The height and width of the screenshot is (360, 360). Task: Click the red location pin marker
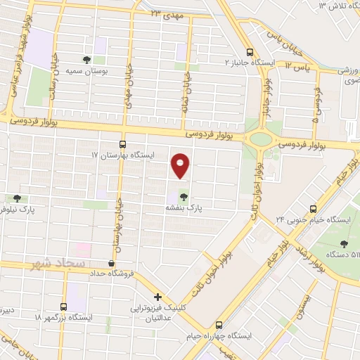pos(181,166)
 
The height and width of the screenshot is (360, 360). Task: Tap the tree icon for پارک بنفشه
pos(184,197)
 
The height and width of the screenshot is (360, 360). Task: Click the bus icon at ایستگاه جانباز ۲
pos(249,51)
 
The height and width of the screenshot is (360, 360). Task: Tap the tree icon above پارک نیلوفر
pos(16,199)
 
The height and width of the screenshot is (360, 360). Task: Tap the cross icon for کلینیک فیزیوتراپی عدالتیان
pos(158,297)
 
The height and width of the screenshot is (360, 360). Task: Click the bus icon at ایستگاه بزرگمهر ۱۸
pos(63,307)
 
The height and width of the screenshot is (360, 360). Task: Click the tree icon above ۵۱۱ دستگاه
pos(344,243)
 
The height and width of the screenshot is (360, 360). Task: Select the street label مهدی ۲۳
pos(164,13)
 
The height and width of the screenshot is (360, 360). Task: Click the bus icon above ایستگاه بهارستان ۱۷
pos(122,143)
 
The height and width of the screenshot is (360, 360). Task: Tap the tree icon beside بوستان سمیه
pos(87,60)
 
